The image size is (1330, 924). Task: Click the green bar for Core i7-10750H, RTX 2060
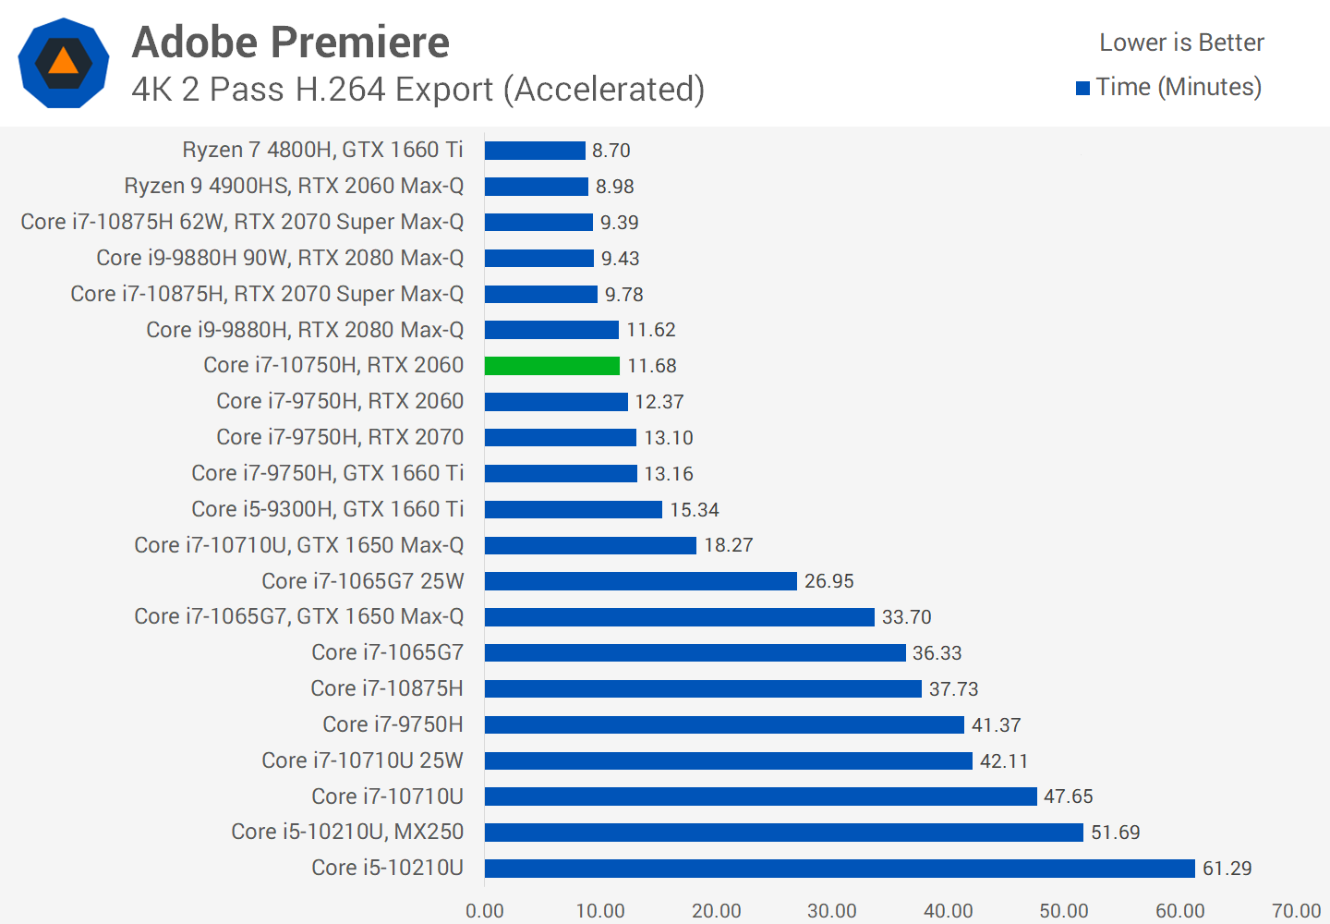pos(552,366)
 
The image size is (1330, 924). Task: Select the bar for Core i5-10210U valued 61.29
pos(840,869)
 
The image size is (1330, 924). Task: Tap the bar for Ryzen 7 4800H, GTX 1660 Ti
pos(535,151)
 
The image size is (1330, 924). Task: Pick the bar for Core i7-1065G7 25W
pos(640,581)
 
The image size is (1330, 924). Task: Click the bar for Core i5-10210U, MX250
pos(783,833)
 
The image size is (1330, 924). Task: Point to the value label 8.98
pos(615,187)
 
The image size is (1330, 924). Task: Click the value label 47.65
pos(1069,796)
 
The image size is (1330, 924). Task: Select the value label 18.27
pos(729,545)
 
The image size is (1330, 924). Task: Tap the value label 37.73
pos(953,689)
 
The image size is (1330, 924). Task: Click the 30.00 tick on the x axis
pos(832,911)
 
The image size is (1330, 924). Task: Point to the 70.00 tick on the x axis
pos(1296,911)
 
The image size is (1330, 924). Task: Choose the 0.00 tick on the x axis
pos(485,911)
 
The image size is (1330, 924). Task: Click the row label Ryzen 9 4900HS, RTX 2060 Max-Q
pos(294,186)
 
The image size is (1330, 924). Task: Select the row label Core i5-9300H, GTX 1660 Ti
pos(327,509)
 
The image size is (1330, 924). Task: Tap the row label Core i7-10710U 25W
pos(362,760)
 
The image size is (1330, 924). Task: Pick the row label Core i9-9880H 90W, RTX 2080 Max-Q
pos(280,258)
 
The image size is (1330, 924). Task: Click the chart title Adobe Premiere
pos(290,43)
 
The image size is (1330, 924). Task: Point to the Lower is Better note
pos(1181,43)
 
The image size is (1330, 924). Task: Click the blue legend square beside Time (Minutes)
pos(1083,89)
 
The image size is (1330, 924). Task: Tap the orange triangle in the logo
pos(63,63)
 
